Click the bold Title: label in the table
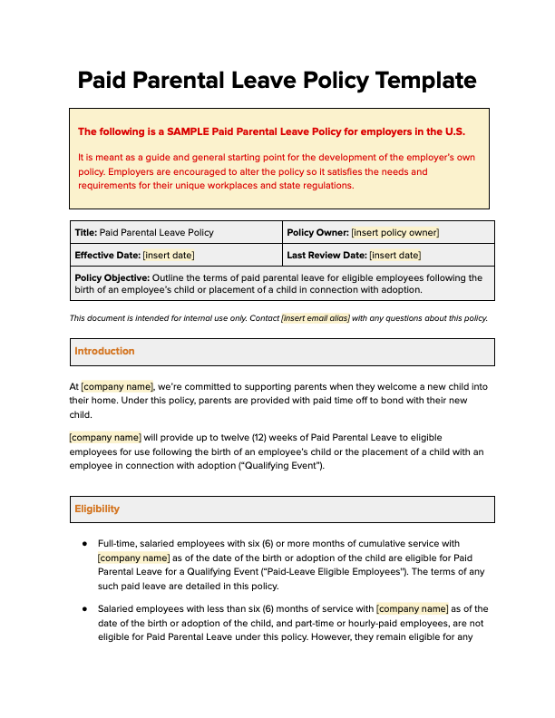coord(85,233)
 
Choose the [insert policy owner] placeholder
coord(394,233)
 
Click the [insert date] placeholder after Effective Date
coord(169,256)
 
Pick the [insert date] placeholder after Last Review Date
coord(394,256)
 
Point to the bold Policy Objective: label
coord(112,278)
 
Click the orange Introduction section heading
coord(104,351)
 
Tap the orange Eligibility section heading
coord(97,509)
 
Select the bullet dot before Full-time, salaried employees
coord(83,544)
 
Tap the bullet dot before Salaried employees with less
coord(83,609)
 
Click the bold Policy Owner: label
coord(317,233)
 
